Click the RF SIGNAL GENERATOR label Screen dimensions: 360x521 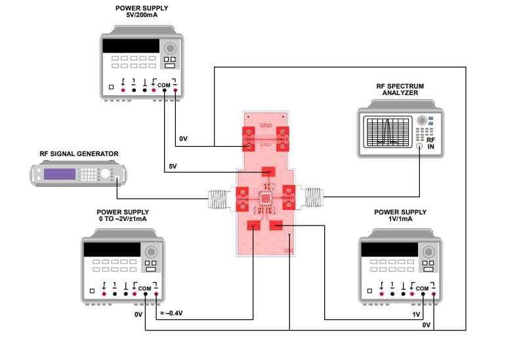click(x=79, y=154)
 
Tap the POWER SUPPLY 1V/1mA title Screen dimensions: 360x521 click(x=400, y=216)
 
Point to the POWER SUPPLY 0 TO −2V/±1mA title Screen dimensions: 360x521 click(x=123, y=216)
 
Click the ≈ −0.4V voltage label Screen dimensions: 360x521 click(x=173, y=313)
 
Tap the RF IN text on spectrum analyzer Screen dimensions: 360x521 click(x=430, y=144)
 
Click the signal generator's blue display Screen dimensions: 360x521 click(x=59, y=174)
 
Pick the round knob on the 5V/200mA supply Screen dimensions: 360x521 click(x=171, y=49)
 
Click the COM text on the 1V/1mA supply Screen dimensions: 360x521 click(x=422, y=289)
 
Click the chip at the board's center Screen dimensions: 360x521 click(x=266, y=198)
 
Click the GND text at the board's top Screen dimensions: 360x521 click(x=266, y=125)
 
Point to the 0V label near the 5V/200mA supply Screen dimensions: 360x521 click(x=184, y=139)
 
